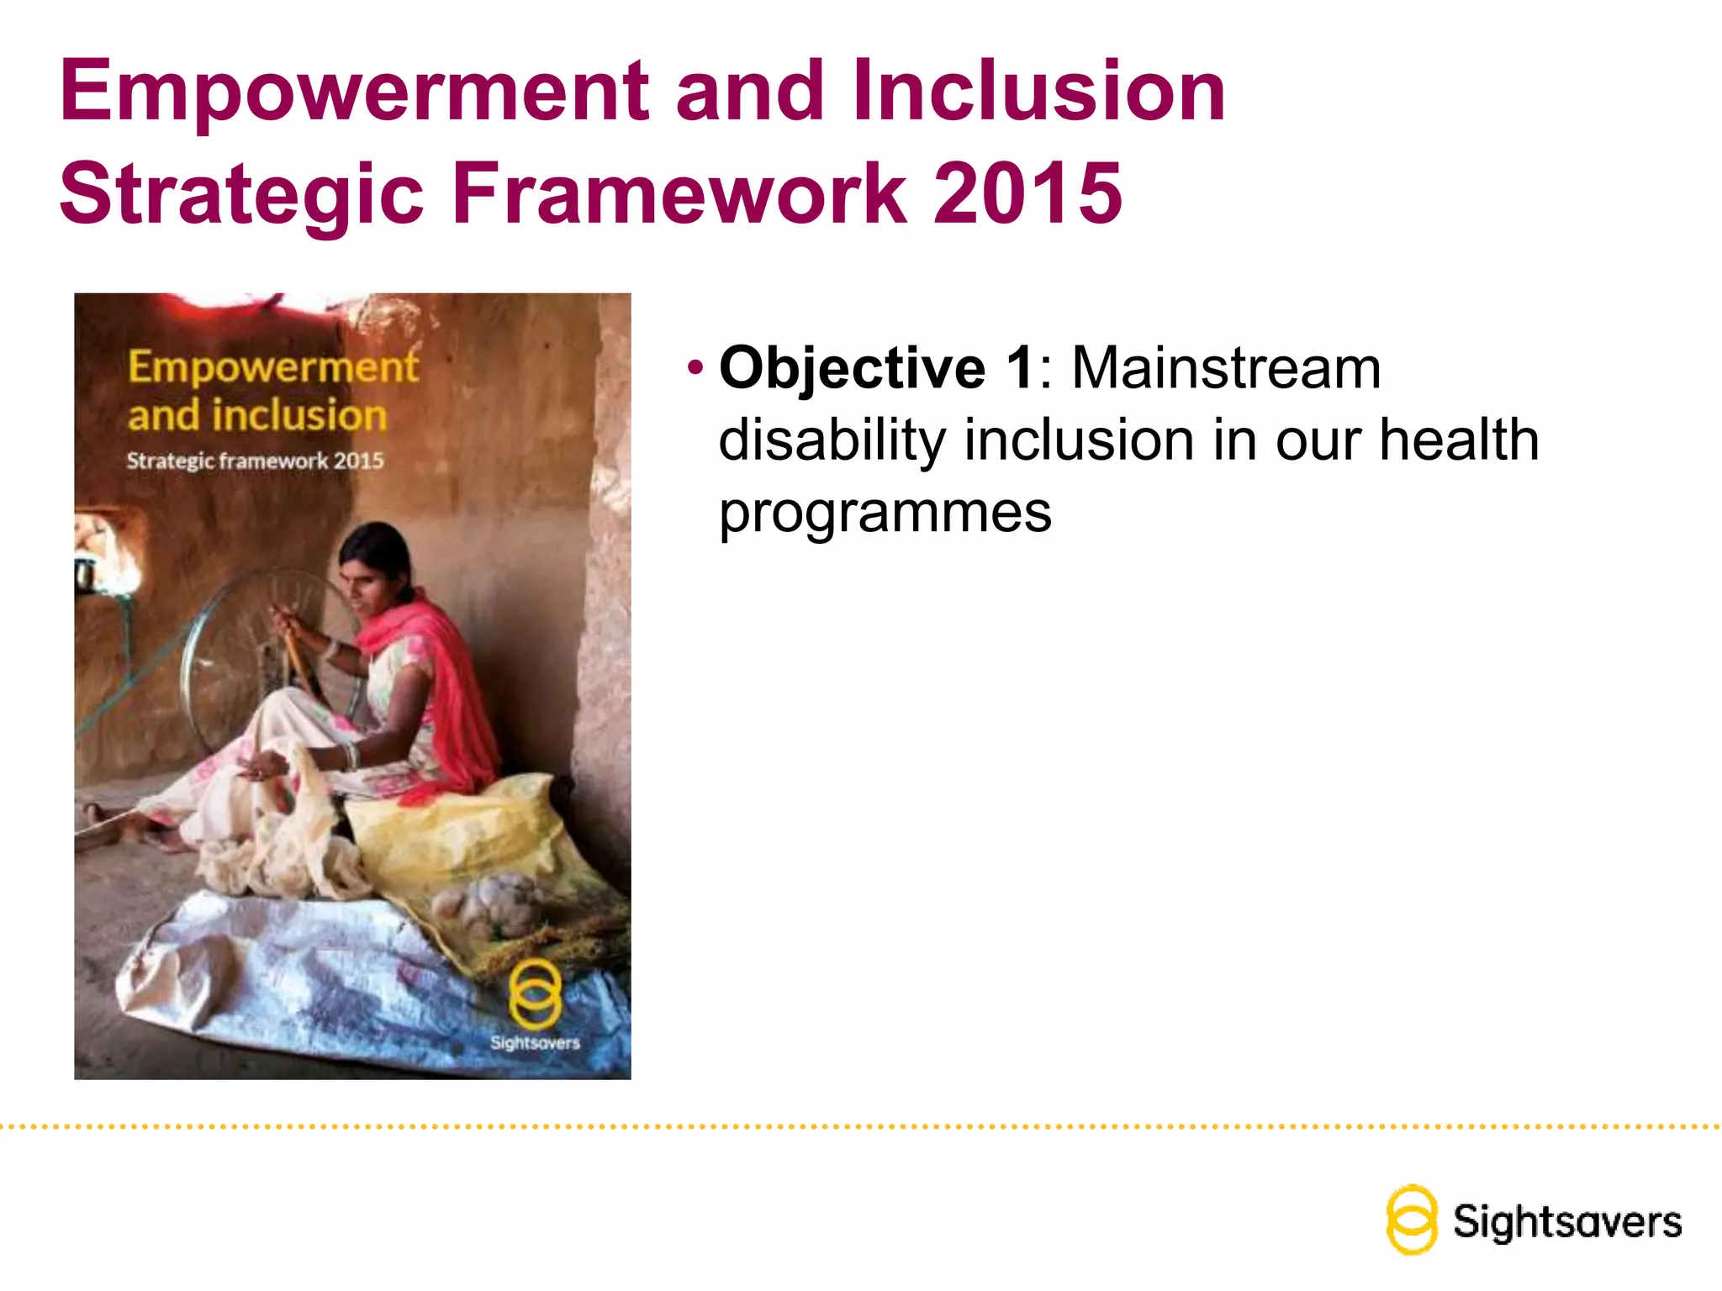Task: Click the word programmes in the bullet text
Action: click(885, 513)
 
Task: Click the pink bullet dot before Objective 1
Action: click(695, 367)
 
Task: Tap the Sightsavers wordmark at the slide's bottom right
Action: click(1567, 1222)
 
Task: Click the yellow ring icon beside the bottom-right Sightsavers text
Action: click(1411, 1220)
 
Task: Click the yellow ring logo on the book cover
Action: click(535, 994)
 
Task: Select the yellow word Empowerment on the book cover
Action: click(272, 367)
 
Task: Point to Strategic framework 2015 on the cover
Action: click(255, 461)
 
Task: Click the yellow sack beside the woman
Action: click(471, 832)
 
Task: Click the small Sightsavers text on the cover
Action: click(535, 1043)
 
